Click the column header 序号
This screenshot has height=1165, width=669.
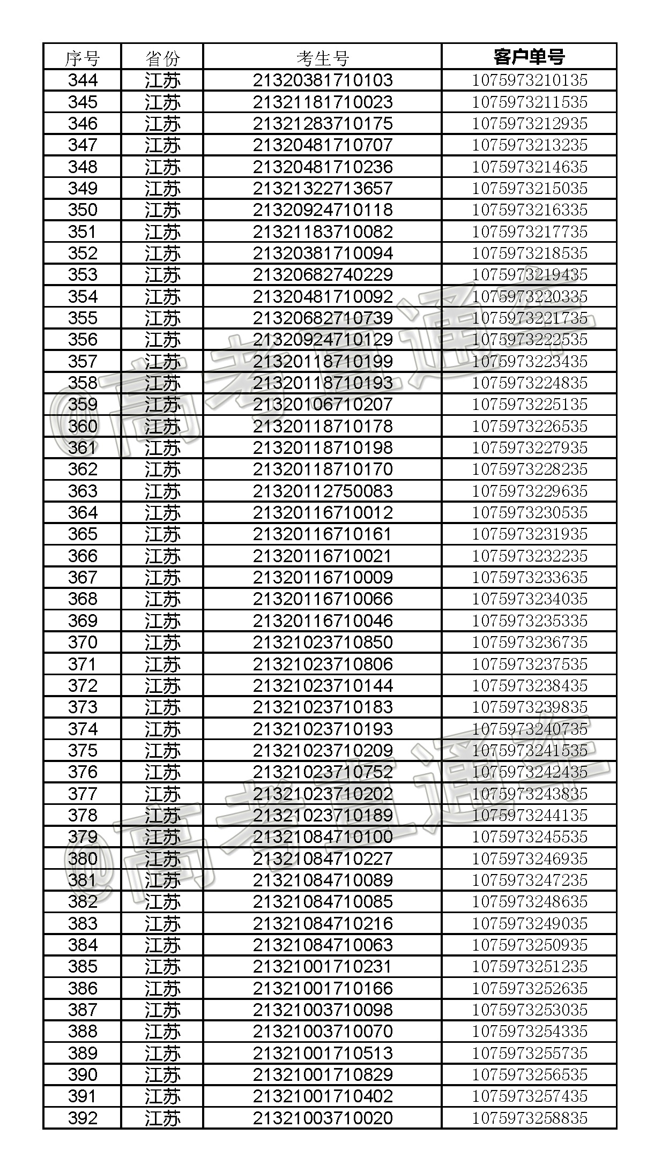pyautogui.click(x=82, y=57)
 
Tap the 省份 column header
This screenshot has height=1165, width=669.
pyautogui.click(x=162, y=57)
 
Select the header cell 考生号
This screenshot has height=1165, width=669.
pyautogui.click(x=322, y=57)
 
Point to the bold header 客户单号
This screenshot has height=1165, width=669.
pyautogui.click(x=529, y=56)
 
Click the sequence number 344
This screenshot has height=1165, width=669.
pyautogui.click(x=83, y=80)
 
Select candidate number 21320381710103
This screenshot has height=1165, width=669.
pyautogui.click(x=323, y=80)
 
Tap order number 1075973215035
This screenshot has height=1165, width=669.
pyautogui.click(x=529, y=189)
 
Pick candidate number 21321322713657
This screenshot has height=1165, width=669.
pyautogui.click(x=323, y=189)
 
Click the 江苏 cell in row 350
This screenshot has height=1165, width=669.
pyautogui.click(x=162, y=210)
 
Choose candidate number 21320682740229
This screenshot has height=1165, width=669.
pyautogui.click(x=323, y=275)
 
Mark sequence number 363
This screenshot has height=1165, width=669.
pyautogui.click(x=83, y=491)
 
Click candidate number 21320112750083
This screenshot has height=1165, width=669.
pyautogui.click(x=323, y=491)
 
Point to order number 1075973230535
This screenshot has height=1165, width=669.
pyautogui.click(x=529, y=513)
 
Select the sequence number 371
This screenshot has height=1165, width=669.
pyautogui.click(x=83, y=664)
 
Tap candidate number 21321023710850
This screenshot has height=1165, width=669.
pyautogui.click(x=323, y=643)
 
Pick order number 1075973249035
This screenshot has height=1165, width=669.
pyautogui.click(x=529, y=923)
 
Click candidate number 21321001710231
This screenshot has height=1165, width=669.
pyautogui.click(x=323, y=967)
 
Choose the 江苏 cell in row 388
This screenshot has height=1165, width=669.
pyautogui.click(x=162, y=1032)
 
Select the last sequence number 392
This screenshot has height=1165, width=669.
pyautogui.click(x=83, y=1118)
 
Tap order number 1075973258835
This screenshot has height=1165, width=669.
pyautogui.click(x=529, y=1118)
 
